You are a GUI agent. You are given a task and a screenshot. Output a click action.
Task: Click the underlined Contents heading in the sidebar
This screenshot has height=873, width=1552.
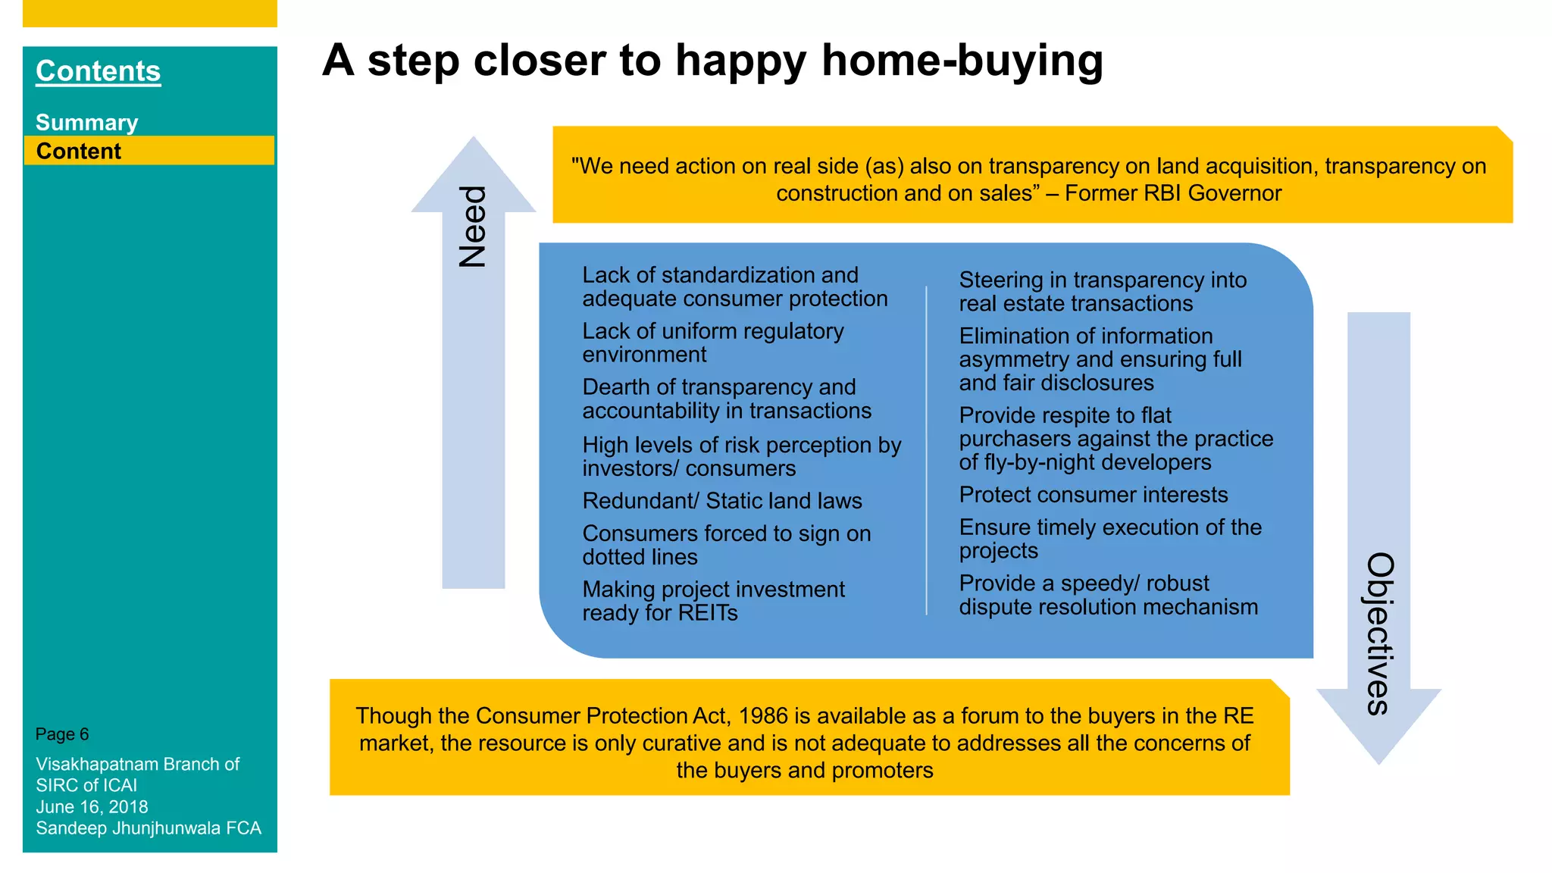pyautogui.click(x=98, y=71)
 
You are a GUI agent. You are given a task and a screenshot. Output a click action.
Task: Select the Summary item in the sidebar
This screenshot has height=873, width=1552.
pyautogui.click(x=86, y=123)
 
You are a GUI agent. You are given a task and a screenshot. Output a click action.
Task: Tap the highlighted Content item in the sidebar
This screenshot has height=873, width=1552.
pyautogui.click(x=79, y=152)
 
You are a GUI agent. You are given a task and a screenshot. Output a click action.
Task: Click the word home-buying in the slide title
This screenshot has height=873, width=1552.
pyautogui.click(x=962, y=61)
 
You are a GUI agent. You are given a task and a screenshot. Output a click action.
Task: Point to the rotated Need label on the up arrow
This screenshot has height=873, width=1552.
pyautogui.click(x=473, y=226)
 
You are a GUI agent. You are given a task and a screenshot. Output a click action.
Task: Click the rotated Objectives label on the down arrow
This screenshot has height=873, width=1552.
pyautogui.click(x=1380, y=634)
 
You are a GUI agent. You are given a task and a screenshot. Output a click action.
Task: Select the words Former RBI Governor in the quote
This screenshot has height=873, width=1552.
pyautogui.click(x=1172, y=193)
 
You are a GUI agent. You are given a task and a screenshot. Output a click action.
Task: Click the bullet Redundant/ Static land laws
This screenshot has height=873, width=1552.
pyautogui.click(x=721, y=501)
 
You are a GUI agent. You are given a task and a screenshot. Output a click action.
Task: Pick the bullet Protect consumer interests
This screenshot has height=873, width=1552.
pyautogui.click(x=1093, y=495)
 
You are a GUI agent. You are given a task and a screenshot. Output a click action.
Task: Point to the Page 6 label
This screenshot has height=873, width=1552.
pyautogui.click(x=62, y=734)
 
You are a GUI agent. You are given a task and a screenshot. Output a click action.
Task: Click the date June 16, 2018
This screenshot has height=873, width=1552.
pyautogui.click(x=92, y=807)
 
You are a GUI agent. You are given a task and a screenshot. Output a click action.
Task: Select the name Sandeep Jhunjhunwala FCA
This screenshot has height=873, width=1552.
pyautogui.click(x=149, y=828)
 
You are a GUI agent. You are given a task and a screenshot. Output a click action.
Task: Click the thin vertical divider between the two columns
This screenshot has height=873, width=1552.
pyautogui.click(x=926, y=451)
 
